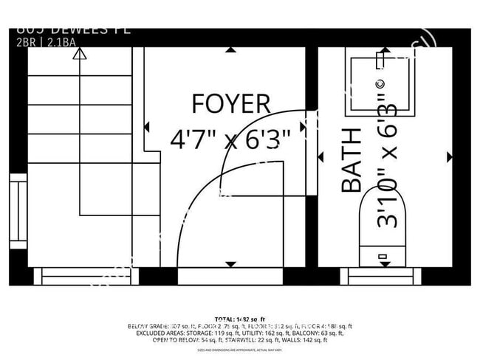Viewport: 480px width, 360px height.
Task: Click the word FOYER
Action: [x=230, y=104]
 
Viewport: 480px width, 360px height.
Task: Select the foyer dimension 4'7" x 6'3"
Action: [x=230, y=138]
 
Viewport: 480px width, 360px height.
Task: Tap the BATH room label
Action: [x=353, y=160]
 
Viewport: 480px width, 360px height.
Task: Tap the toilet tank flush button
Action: [x=383, y=257]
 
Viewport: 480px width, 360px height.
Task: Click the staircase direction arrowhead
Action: [x=80, y=52]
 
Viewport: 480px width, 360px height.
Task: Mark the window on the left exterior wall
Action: [x=18, y=210]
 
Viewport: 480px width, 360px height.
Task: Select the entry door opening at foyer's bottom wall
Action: [x=230, y=277]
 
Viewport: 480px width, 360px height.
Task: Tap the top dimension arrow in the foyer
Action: [x=232, y=50]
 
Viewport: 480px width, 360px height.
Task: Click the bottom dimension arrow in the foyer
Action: [x=232, y=264]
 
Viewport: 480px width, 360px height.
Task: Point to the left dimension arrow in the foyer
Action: [x=148, y=128]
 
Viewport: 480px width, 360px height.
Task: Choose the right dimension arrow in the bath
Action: [x=449, y=156]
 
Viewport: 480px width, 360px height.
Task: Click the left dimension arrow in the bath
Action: [x=321, y=156]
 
